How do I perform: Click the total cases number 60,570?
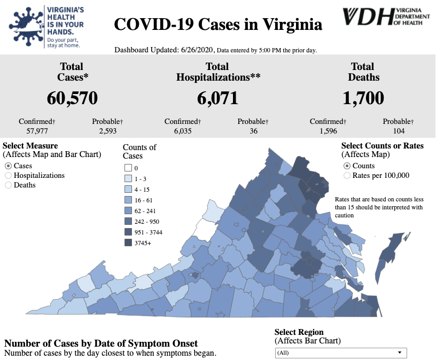(x=72, y=98)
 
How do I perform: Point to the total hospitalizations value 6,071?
(x=217, y=98)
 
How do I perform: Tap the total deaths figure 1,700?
(x=363, y=98)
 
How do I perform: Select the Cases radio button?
(x=8, y=166)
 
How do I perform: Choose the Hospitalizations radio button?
(x=8, y=176)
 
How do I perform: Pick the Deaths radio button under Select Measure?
(x=8, y=185)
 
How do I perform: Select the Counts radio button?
(x=347, y=166)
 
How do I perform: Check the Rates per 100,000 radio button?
(x=347, y=175)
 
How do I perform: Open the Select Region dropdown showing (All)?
(x=340, y=353)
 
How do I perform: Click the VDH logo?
(x=386, y=16)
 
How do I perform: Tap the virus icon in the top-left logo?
(x=25, y=24)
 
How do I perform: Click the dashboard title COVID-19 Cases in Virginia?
(x=218, y=25)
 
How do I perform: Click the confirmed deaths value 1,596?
(x=327, y=130)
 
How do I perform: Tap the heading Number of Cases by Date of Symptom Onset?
(x=101, y=343)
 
